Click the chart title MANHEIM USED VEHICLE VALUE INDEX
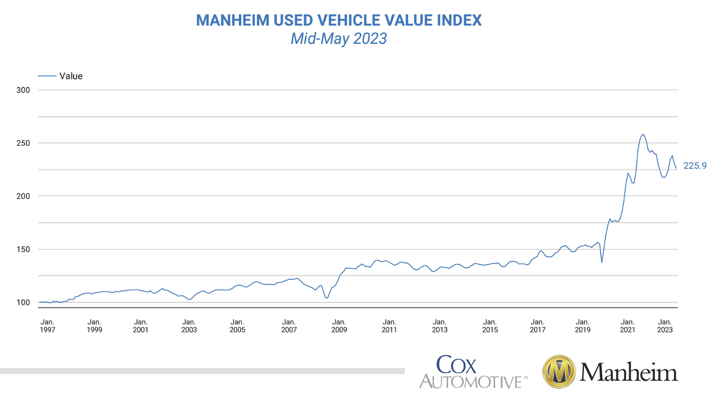coord(339,20)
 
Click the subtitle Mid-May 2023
coord(339,39)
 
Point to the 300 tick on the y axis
coord(23,90)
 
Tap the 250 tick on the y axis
coord(23,143)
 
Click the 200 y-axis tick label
coord(23,196)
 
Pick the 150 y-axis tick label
coord(23,249)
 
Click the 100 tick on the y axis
coord(23,302)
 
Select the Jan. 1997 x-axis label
coord(47,326)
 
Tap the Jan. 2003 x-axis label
coord(189,326)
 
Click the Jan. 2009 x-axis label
coord(339,326)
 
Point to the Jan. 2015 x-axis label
coord(490,326)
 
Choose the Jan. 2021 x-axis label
coord(627,326)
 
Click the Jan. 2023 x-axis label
coord(664,326)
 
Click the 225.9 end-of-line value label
coord(695,166)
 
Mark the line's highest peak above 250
coord(643,135)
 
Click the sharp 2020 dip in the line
coord(602,262)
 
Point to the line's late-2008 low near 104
coord(326,298)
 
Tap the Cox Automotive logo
coord(473,371)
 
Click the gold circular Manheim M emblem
coord(559,371)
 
